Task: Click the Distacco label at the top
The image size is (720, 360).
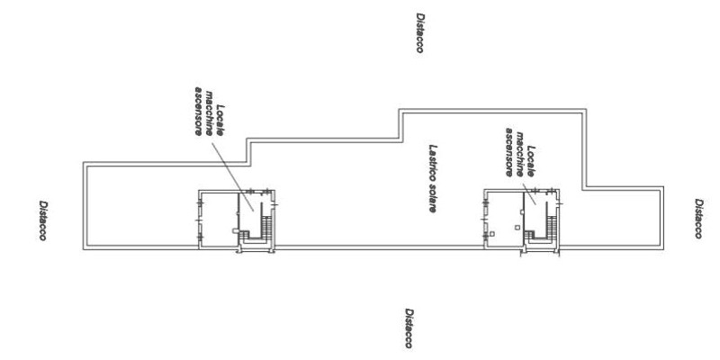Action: point(419,32)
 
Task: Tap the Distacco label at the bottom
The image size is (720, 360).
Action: point(409,328)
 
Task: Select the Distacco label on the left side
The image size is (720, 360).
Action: point(42,220)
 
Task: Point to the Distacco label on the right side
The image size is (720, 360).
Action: point(698,219)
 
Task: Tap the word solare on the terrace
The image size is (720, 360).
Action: point(433,196)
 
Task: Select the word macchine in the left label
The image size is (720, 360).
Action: point(210,112)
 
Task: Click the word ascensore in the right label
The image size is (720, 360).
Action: point(509,151)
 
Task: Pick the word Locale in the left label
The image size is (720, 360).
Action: point(220,121)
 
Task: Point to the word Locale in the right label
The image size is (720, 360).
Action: point(531,161)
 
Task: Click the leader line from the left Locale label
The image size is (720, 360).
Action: point(233,176)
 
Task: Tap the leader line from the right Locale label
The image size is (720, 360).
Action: point(529,194)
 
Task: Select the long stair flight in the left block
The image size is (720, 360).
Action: point(266,227)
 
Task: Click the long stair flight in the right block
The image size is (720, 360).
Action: point(552,227)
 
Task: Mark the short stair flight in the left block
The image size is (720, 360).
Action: point(244,235)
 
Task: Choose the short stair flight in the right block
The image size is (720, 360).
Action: point(529,235)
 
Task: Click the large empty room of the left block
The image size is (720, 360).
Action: point(220,219)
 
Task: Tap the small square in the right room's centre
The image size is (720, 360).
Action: point(517,227)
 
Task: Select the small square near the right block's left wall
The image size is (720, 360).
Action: point(492,234)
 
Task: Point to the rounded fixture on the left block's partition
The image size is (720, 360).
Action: point(236,231)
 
